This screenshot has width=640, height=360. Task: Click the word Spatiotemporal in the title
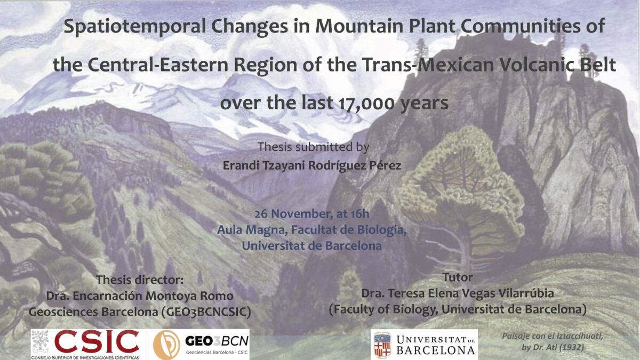134,27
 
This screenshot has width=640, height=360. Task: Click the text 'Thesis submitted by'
314,147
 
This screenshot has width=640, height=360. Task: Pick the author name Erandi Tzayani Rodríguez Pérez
312,165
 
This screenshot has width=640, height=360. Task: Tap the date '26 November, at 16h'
312,214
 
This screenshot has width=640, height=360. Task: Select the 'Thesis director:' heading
140,280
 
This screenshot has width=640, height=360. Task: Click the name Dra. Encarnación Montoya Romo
140,296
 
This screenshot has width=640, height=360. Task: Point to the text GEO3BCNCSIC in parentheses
206,312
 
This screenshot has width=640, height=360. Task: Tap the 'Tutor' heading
458,277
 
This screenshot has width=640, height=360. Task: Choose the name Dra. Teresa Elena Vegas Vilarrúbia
458,293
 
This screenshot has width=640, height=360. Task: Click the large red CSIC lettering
97,341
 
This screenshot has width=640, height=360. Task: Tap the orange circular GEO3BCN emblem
166,345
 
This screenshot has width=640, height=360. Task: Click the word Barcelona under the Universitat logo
435,350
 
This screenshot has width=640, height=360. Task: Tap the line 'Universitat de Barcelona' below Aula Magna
312,246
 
